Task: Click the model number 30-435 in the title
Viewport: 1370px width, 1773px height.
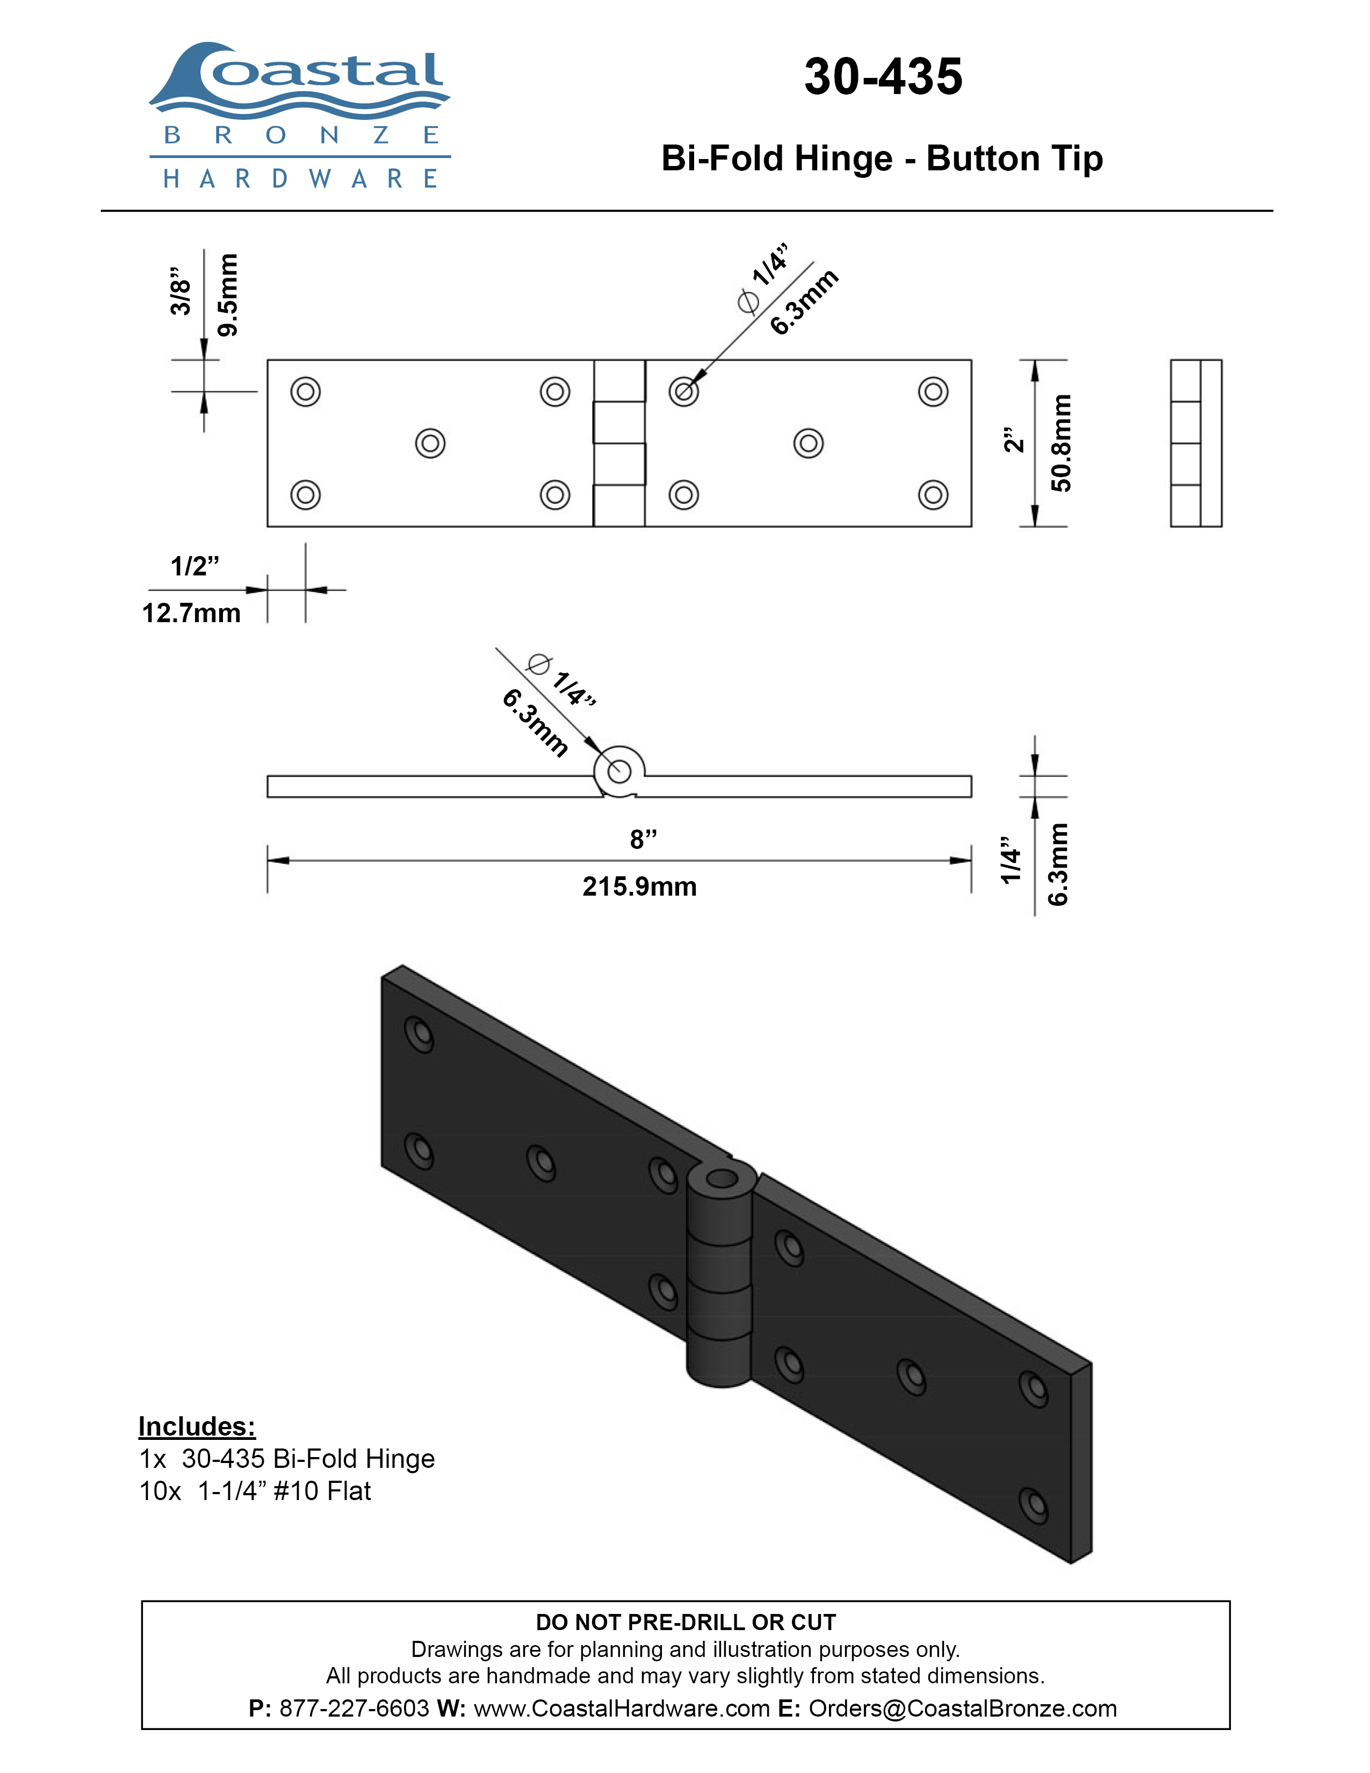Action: (x=883, y=77)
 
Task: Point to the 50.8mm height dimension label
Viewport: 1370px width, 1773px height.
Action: (x=1061, y=443)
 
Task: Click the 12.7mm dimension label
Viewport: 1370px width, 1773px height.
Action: (x=192, y=613)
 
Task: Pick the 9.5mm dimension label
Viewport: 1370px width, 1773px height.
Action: (x=228, y=294)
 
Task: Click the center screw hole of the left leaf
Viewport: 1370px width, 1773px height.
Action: (x=430, y=443)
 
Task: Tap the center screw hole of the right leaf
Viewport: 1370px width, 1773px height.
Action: (x=809, y=443)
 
